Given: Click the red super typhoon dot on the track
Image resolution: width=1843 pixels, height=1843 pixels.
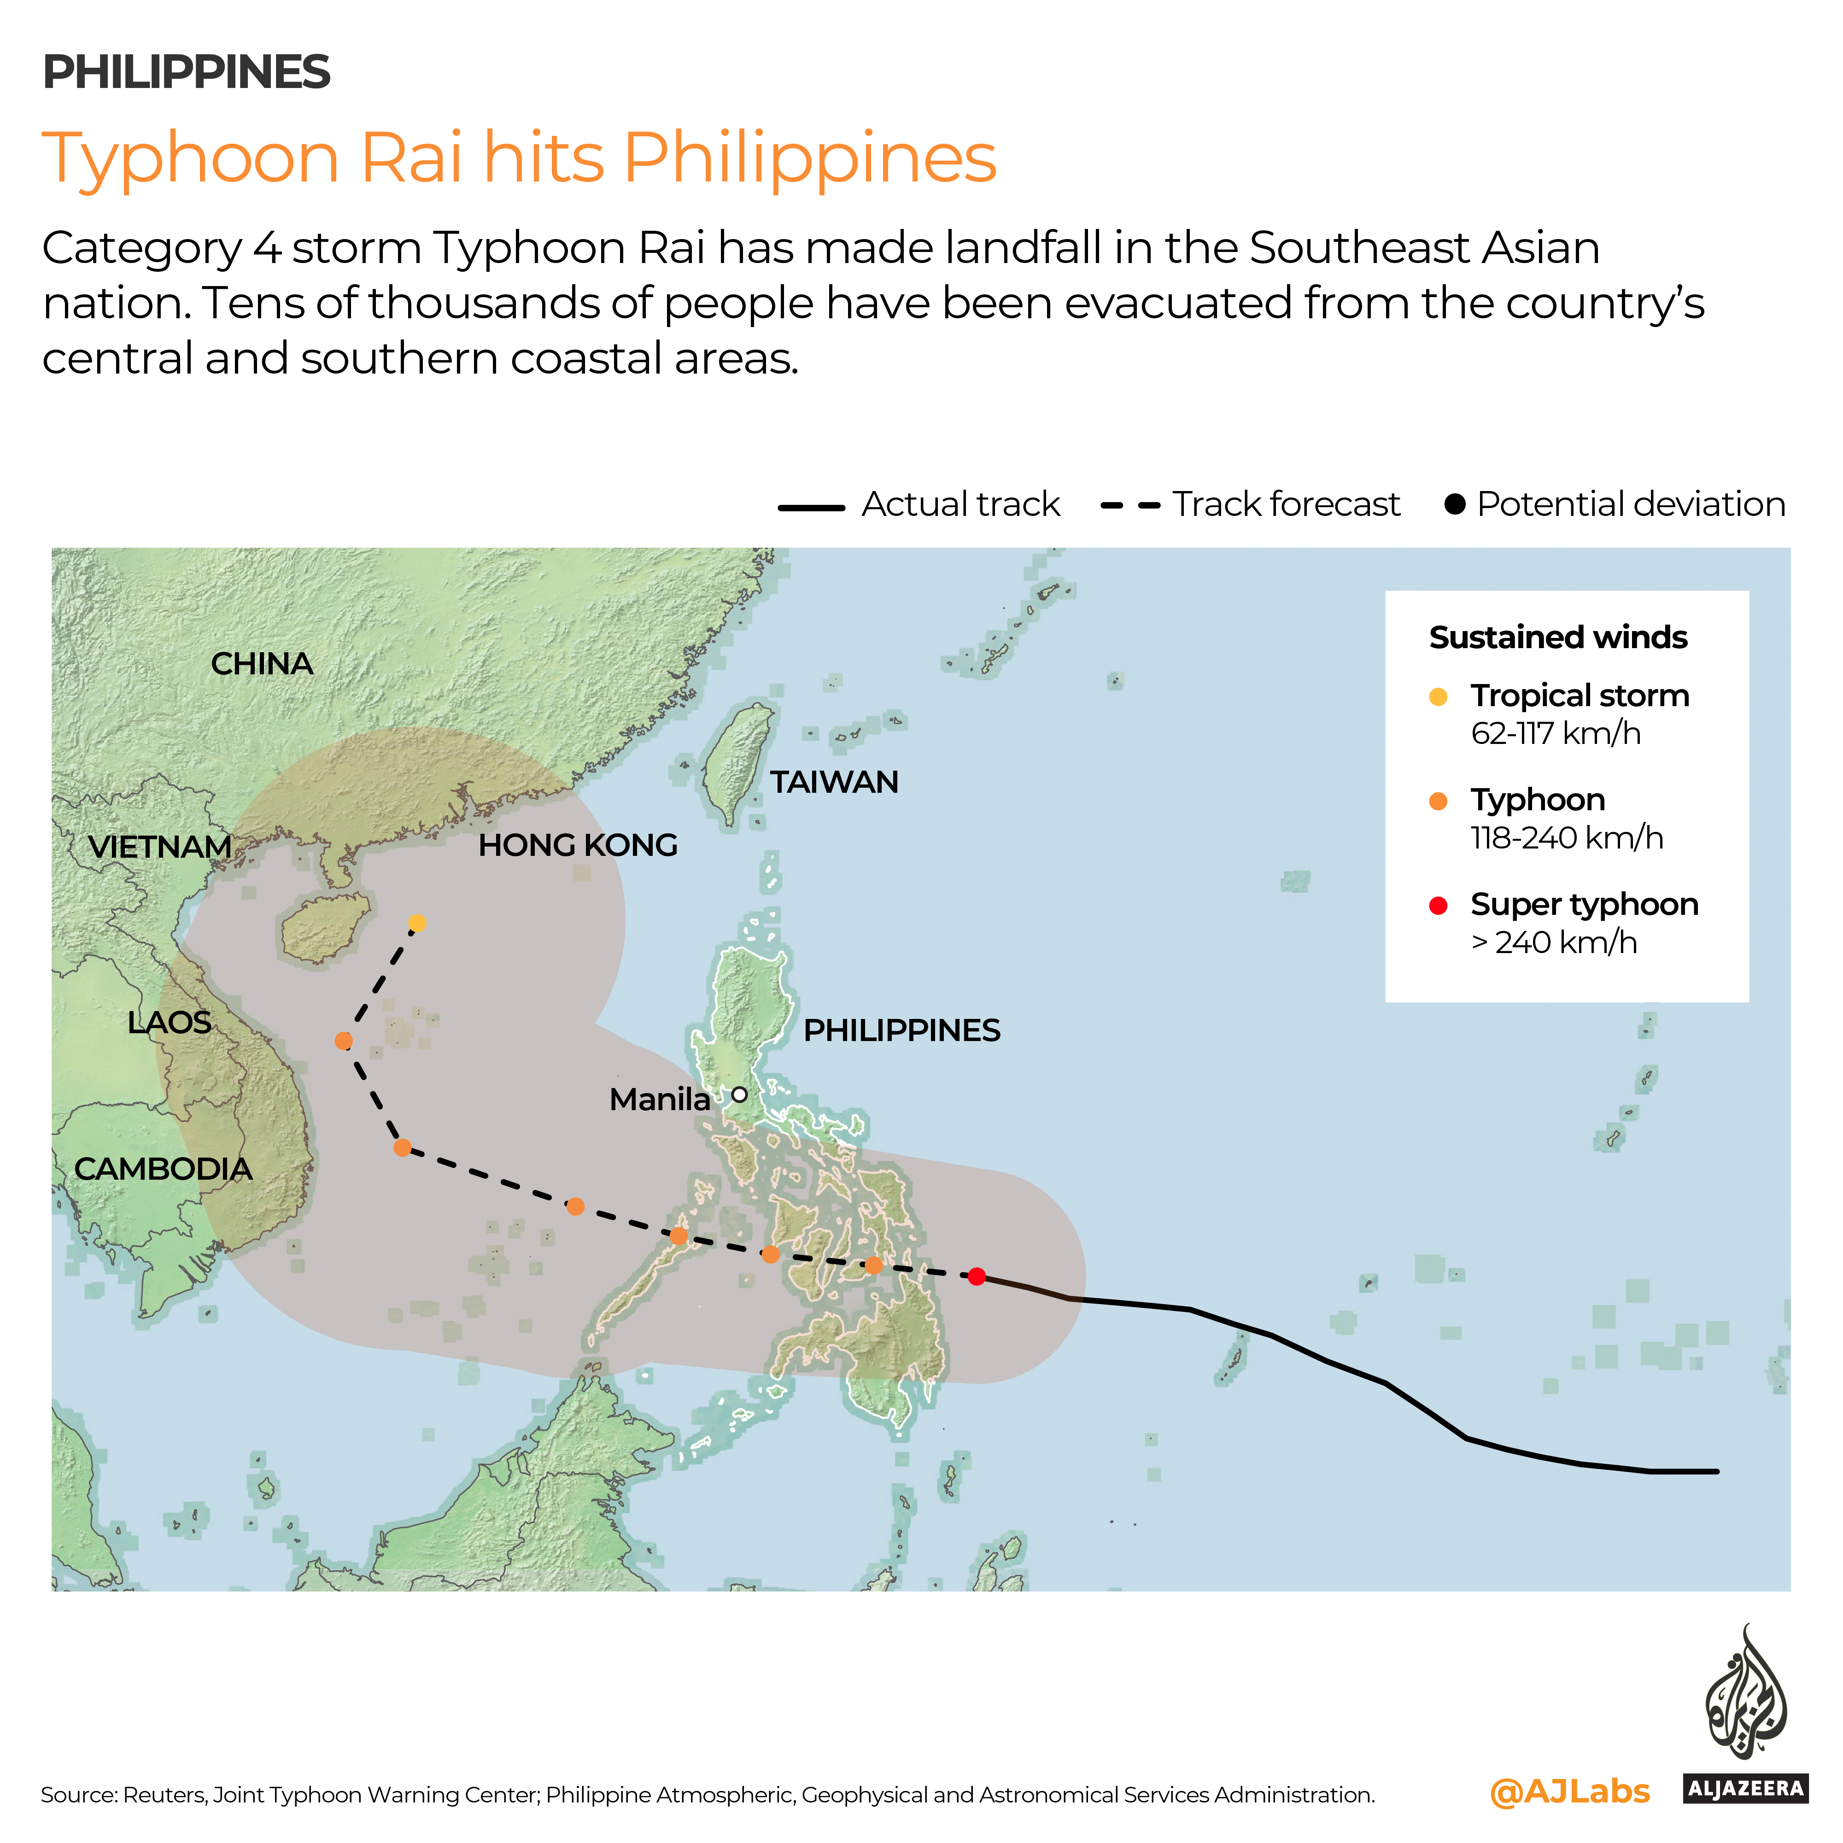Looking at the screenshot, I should (976, 1276).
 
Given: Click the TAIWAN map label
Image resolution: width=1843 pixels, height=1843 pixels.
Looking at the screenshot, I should (834, 782).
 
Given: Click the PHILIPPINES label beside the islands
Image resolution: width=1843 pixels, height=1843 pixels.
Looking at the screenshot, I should (901, 1030).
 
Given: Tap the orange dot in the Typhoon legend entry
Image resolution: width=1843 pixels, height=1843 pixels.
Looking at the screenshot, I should (1439, 802).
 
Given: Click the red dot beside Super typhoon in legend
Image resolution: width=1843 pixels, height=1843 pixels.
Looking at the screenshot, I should (1439, 905).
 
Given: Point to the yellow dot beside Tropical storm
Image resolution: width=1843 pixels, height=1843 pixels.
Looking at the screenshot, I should (1439, 696).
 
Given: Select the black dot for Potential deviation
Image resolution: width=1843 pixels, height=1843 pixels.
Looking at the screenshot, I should (1455, 503).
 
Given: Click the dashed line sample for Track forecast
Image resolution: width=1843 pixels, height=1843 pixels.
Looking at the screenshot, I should (1130, 505).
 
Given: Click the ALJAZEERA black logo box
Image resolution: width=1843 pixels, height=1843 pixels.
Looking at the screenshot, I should (1745, 1789).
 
